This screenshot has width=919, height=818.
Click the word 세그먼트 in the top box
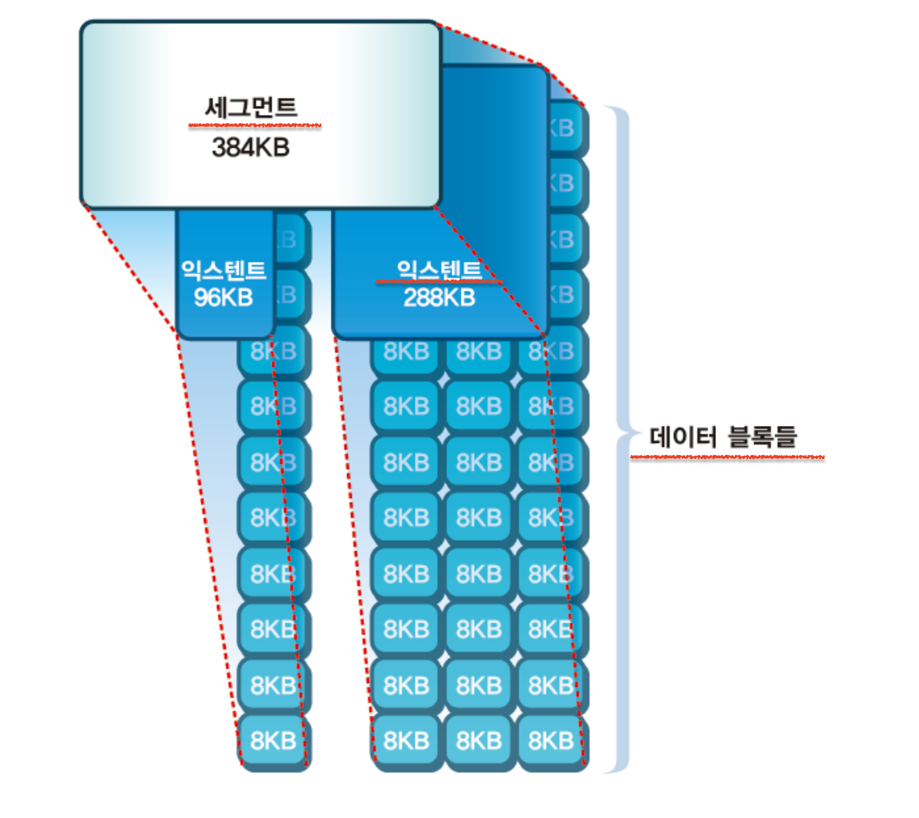click(250, 108)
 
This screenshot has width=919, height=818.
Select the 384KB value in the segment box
click(250, 147)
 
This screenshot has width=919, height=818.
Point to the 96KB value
click(223, 297)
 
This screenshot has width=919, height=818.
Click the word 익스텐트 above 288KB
click(439, 268)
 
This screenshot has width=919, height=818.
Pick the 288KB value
click(439, 297)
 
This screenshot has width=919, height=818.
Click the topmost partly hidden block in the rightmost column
click(567, 128)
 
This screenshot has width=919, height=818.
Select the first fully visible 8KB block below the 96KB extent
click(273, 352)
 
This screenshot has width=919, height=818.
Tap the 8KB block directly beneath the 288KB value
click(479, 352)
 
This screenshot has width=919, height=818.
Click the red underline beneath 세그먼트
click(255, 126)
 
